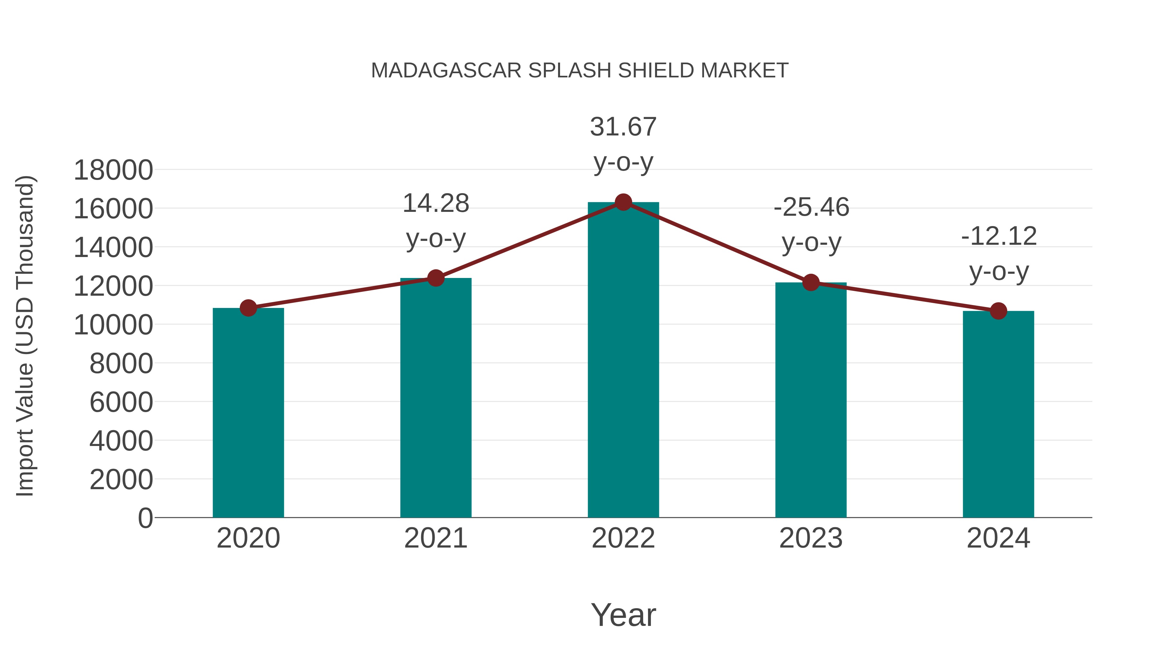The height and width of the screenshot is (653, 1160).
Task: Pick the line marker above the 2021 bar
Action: click(x=435, y=278)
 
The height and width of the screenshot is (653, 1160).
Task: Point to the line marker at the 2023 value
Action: click(x=811, y=282)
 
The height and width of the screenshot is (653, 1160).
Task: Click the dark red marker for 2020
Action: click(x=248, y=308)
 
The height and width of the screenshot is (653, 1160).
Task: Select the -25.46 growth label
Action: click(x=811, y=224)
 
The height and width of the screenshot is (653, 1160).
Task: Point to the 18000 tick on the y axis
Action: click(x=113, y=170)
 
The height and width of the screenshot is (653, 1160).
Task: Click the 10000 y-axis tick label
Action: click(x=113, y=325)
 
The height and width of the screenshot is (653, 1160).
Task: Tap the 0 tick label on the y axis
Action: click(x=145, y=518)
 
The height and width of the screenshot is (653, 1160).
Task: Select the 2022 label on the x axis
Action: click(x=623, y=538)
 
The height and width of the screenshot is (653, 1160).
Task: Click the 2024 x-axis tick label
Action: click(x=998, y=538)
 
